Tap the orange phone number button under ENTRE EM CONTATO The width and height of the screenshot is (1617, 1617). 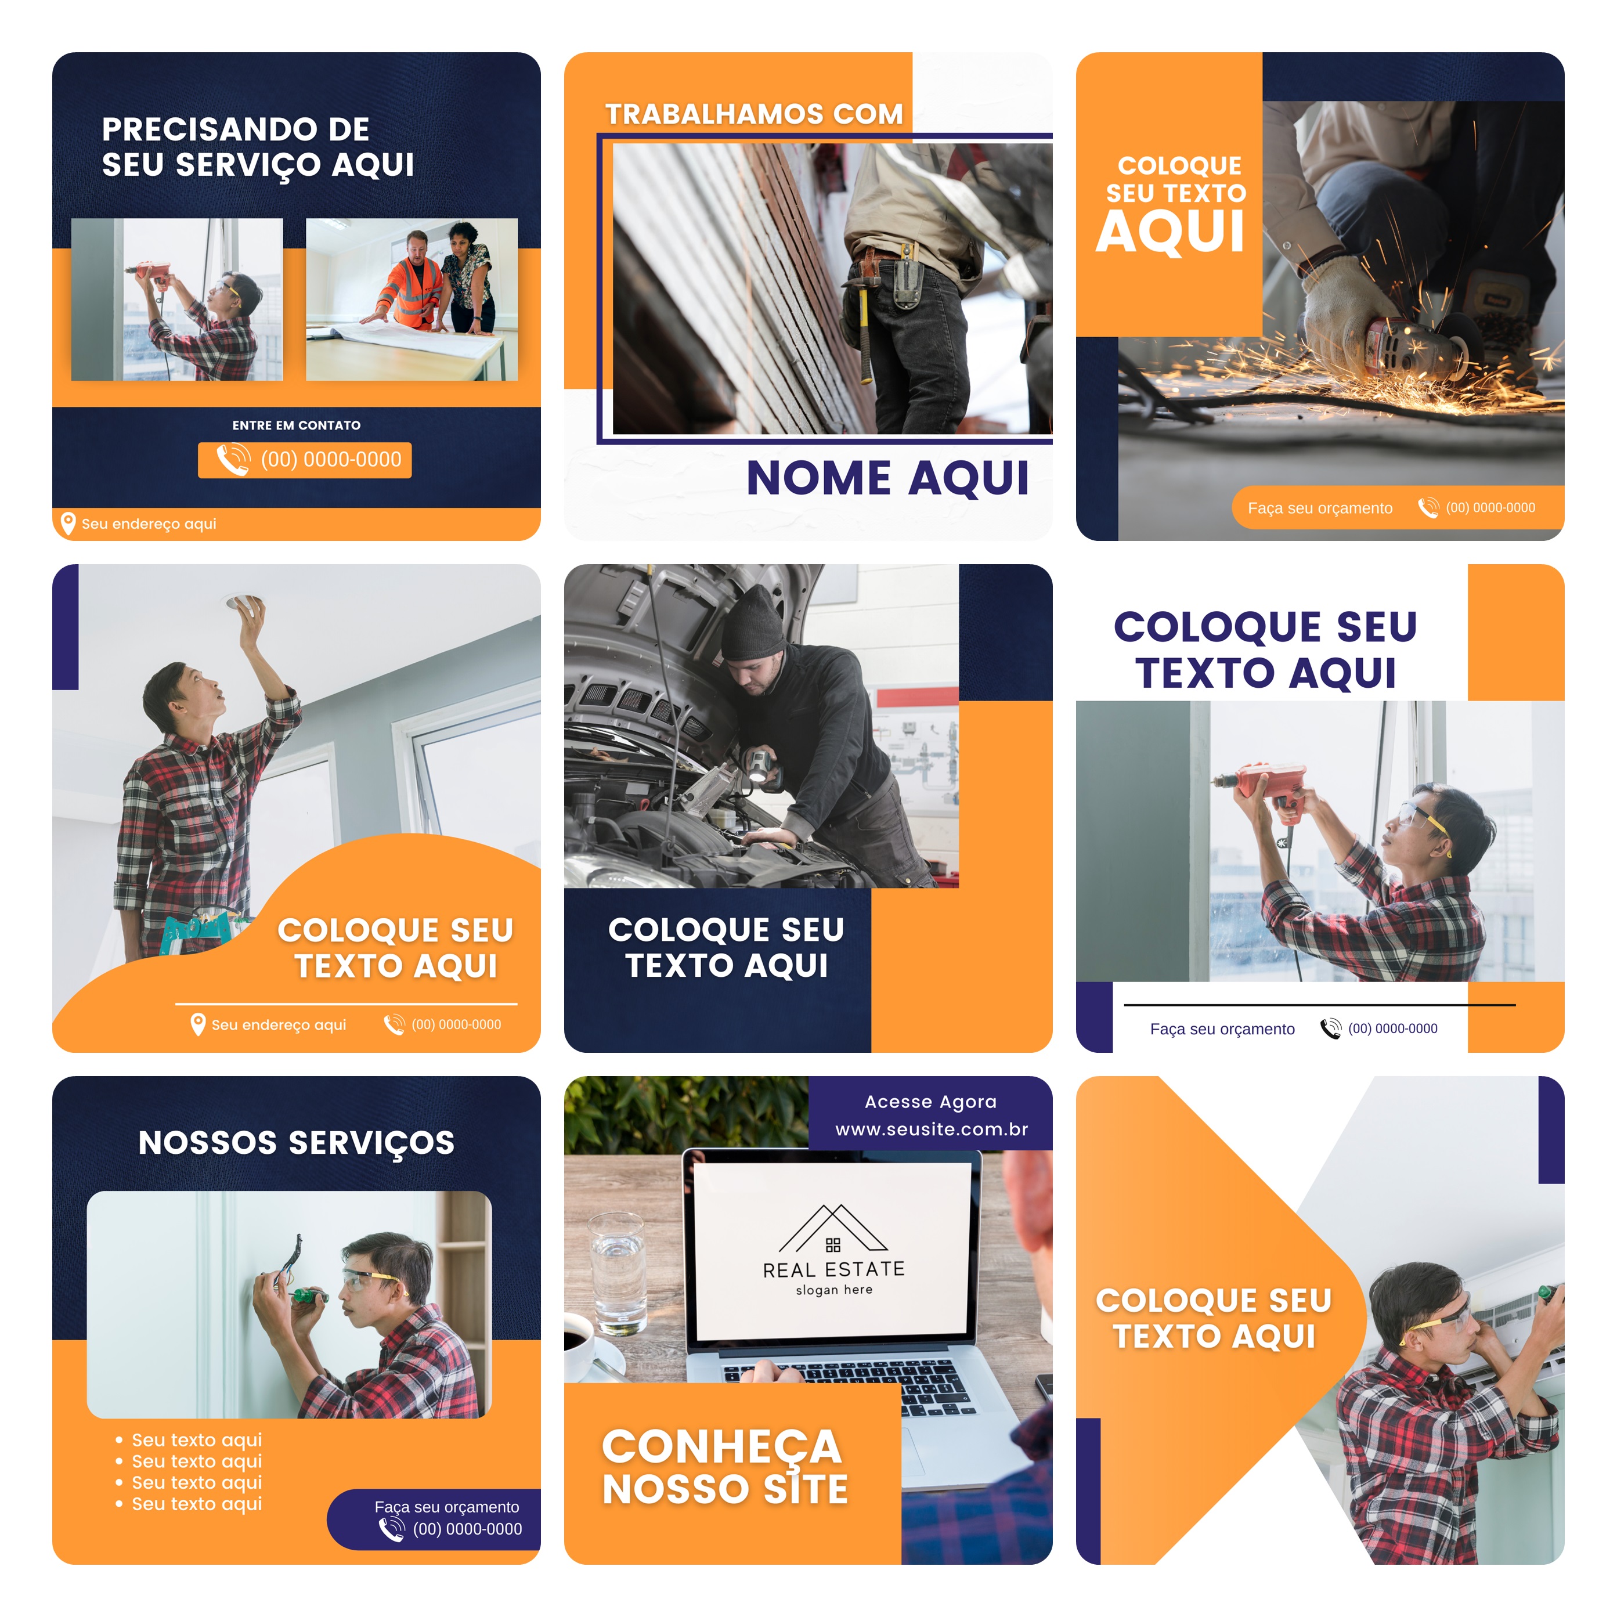[305, 460]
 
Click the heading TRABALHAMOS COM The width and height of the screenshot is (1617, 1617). [754, 114]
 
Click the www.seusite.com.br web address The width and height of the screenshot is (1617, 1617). [932, 1129]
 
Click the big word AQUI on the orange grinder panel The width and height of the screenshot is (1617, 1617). [1170, 231]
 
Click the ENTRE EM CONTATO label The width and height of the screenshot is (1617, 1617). [296, 425]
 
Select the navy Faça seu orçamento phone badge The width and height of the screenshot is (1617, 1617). [434, 1519]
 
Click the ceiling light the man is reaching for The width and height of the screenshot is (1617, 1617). [242, 602]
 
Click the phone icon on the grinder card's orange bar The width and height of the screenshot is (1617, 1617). [1428, 507]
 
